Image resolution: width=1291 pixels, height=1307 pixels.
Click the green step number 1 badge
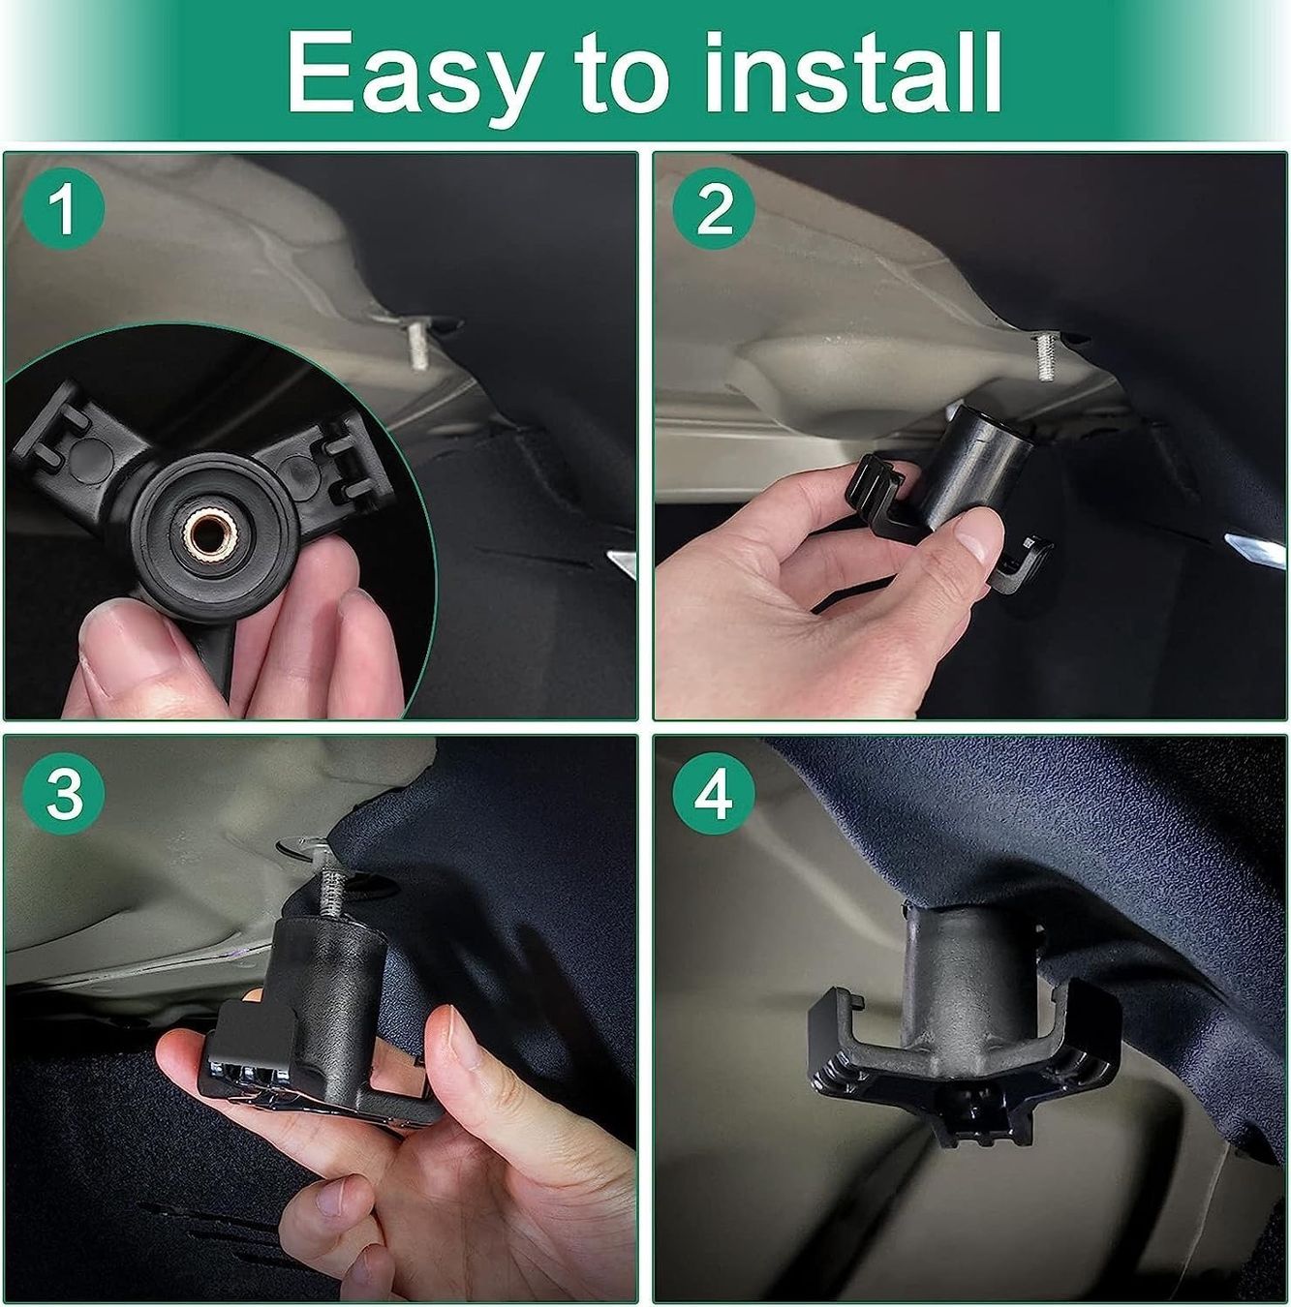[x=63, y=210]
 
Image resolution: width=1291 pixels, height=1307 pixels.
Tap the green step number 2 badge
[x=714, y=210]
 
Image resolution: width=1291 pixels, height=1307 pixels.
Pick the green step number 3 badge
[x=63, y=793]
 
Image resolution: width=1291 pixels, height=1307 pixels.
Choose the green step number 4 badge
[x=714, y=793]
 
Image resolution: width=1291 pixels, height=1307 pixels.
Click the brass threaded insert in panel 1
[x=208, y=534]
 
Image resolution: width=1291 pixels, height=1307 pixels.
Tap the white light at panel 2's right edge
[x=1256, y=548]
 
